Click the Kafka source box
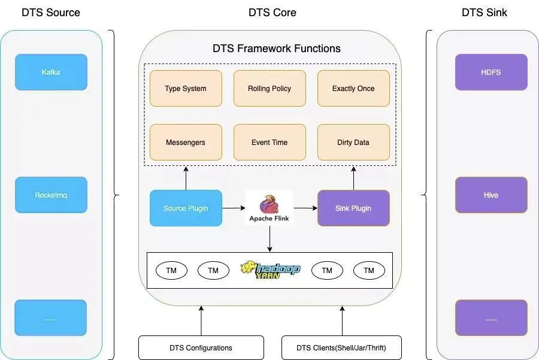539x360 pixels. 51,72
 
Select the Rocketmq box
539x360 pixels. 51,195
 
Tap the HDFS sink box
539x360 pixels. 491,72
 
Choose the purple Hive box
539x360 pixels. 491,195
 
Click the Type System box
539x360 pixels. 186,89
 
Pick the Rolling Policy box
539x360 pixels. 269,89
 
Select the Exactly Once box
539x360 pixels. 353,89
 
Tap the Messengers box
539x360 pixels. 186,143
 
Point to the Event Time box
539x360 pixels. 269,143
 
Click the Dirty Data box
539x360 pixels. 353,143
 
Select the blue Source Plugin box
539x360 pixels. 186,208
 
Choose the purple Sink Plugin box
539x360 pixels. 353,208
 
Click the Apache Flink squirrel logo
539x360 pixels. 269,204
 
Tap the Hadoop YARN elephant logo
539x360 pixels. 270,270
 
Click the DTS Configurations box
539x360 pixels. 201,348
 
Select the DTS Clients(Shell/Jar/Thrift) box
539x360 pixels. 341,348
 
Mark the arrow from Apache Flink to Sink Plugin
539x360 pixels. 305,208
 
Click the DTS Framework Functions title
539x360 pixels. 277,49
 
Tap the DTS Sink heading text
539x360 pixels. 484,13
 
